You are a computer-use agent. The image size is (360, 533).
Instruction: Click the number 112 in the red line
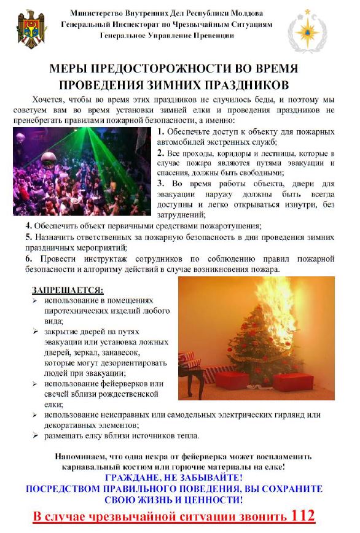pyautogui.click(x=303, y=515)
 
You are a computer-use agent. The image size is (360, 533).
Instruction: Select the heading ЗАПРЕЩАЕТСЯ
pyautogui.click(x=68, y=289)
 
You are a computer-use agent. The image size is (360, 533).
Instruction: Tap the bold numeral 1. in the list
pyautogui.click(x=160, y=132)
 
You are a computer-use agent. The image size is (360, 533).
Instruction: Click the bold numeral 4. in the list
pyautogui.click(x=29, y=225)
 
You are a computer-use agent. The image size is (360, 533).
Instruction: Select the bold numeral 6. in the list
pyautogui.click(x=29, y=259)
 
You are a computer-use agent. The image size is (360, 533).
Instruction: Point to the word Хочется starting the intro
pyautogui.click(x=46, y=98)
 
